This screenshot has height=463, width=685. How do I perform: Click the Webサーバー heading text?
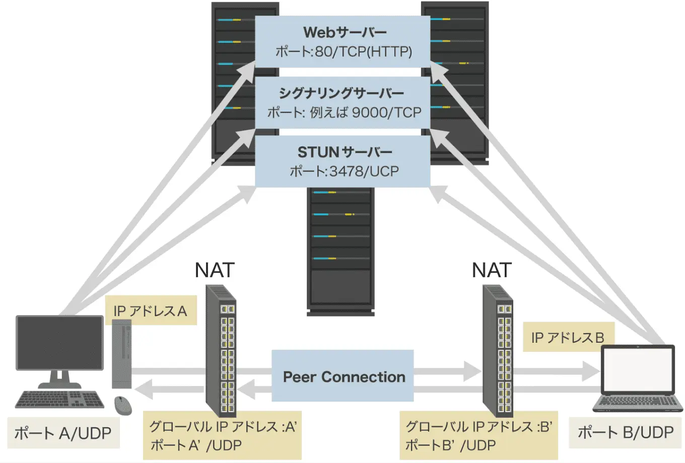[x=345, y=32]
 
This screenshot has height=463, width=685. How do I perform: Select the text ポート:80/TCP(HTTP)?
[x=344, y=51]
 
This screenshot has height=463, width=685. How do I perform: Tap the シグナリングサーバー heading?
[x=341, y=93]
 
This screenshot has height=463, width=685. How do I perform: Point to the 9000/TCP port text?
[x=386, y=112]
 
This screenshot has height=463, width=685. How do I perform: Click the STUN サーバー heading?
[x=345, y=152]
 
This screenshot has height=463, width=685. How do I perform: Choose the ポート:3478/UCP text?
[x=344, y=172]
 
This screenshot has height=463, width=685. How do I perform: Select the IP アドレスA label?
[x=150, y=311]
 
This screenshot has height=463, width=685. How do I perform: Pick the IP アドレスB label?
[x=568, y=337]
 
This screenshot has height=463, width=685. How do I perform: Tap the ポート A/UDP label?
[x=62, y=433]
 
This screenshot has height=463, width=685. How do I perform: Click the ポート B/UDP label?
[x=625, y=432]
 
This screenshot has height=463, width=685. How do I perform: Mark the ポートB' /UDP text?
[x=450, y=445]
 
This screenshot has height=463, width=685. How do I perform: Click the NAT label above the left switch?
[x=215, y=271]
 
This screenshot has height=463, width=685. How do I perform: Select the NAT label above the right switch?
[x=492, y=271]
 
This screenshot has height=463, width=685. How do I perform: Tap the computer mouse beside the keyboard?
[x=122, y=405]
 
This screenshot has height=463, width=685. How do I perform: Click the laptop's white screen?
[x=638, y=370]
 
